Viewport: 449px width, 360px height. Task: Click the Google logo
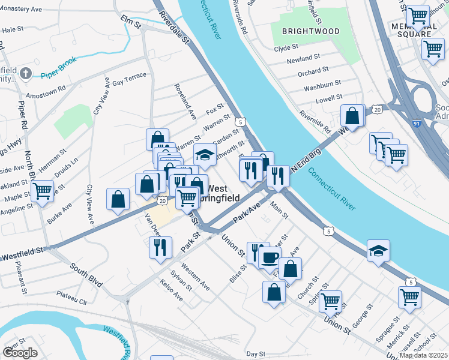[19, 353]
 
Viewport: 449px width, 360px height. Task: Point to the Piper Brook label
[60, 75]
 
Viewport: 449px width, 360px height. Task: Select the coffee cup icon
[270, 257]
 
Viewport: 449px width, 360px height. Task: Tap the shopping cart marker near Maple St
[42, 191]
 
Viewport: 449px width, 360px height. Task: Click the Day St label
[255, 355]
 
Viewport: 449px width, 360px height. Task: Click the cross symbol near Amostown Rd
[25, 74]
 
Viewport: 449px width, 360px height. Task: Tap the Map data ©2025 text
[424, 355]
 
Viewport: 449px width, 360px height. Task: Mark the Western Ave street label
[195, 278]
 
